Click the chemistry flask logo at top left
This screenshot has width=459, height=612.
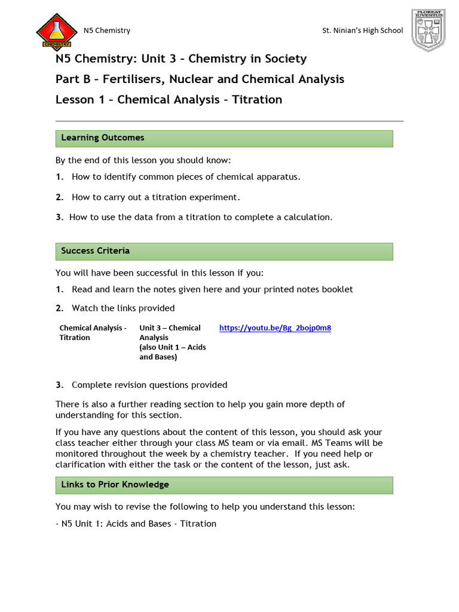pyautogui.click(x=56, y=30)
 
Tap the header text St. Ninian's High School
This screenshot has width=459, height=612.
pyautogui.click(x=362, y=30)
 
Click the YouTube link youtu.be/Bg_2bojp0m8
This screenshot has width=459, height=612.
pyautogui.click(x=275, y=328)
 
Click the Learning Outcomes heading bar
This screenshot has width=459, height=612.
pyautogui.click(x=224, y=138)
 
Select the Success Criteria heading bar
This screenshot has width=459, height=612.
pyautogui.click(x=224, y=251)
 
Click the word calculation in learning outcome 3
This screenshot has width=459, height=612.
pyautogui.click(x=306, y=218)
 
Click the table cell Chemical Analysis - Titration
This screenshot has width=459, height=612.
pyautogui.click(x=93, y=333)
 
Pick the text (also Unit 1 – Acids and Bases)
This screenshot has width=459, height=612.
pyautogui.click(x=172, y=353)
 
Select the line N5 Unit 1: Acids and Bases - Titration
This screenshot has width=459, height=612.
pyautogui.click(x=136, y=524)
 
